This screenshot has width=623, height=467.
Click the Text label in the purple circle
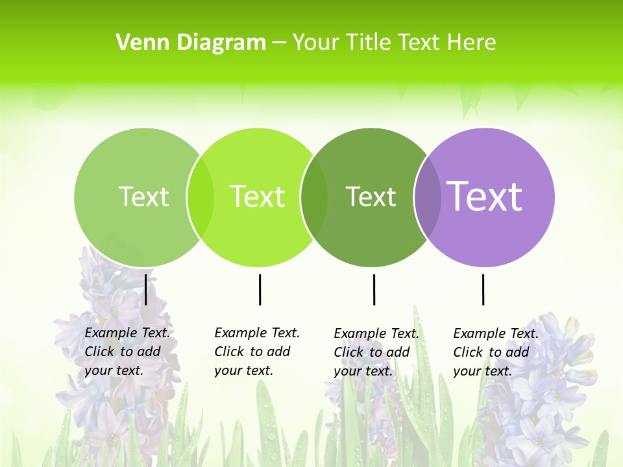[x=485, y=196]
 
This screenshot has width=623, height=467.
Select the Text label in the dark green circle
[x=371, y=197]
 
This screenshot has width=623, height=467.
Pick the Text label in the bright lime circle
[x=257, y=197]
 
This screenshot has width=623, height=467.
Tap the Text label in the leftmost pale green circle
[x=143, y=197]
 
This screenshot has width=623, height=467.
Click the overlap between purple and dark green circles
[x=428, y=197]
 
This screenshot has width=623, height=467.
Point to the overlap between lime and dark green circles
[x=314, y=197]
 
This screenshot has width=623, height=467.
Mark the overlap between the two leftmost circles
[x=201, y=197]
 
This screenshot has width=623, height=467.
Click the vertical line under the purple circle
[x=483, y=289]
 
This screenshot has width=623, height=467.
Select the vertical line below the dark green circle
[x=374, y=289]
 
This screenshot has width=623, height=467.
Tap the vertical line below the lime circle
[x=260, y=289]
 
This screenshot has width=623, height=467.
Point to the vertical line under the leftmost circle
[x=146, y=289]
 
